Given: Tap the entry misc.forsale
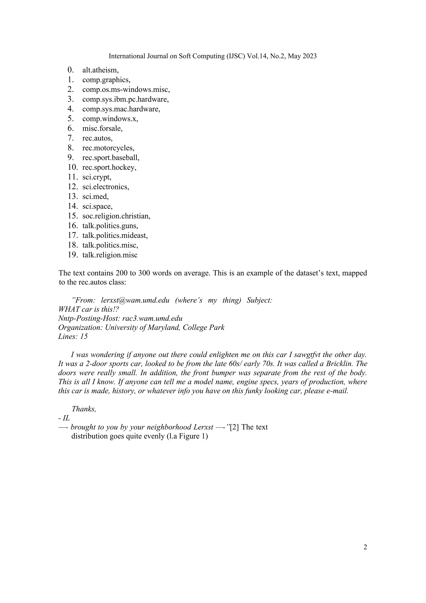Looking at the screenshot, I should pos(102,128).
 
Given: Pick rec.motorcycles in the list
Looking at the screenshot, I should pos(108,148).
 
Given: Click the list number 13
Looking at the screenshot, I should pos(72,196).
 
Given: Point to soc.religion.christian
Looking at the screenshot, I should pos(116,216).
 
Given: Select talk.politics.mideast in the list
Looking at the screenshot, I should pos(115,235).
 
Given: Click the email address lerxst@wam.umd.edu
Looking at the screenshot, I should pos(135,300).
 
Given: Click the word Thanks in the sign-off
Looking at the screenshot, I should pos(84,409).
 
